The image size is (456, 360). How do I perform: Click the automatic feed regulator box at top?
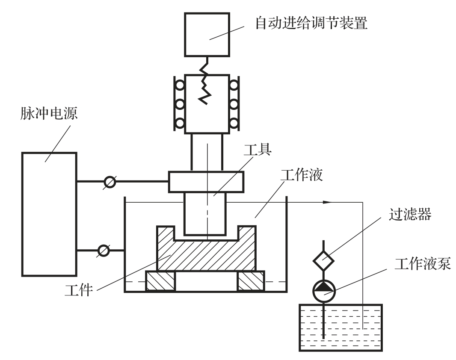tap(206, 34)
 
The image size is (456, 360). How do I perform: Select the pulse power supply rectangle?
tap(50, 214)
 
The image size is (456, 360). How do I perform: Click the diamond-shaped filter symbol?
tap(323, 260)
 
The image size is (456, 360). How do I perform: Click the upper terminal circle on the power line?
tap(110, 182)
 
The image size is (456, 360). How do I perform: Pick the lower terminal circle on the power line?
tap(104, 250)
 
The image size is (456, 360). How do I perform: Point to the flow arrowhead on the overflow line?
tap(328, 202)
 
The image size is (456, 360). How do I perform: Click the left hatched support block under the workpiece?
tap(161, 282)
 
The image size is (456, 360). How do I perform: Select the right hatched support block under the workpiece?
tap(251, 282)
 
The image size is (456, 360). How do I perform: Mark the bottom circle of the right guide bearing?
tap(234, 123)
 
